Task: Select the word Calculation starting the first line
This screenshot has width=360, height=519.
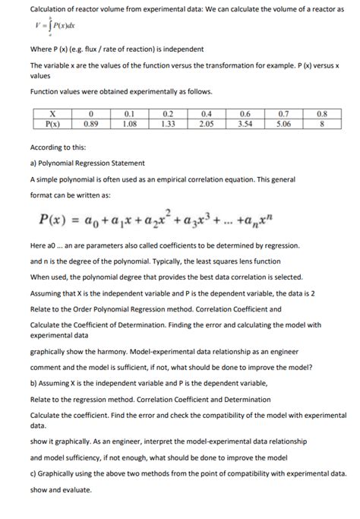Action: [x=49, y=10]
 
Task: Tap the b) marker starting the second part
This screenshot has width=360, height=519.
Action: [x=33, y=375]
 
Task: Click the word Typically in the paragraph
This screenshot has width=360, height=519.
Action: [x=136, y=261]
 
